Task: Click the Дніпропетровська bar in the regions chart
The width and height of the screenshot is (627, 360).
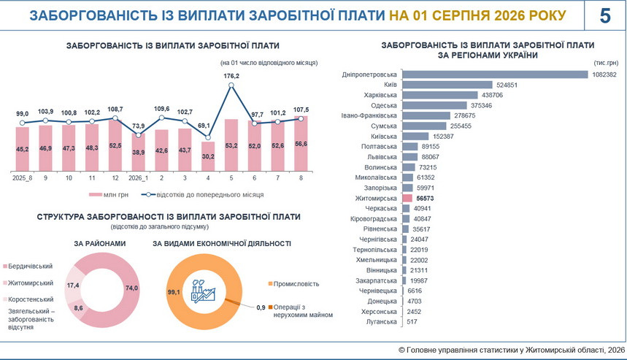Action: (x=495, y=74)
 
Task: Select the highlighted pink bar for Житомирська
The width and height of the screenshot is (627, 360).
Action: (x=407, y=198)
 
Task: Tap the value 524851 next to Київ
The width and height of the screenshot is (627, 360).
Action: (x=507, y=85)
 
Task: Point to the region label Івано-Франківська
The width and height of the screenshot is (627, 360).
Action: (x=369, y=115)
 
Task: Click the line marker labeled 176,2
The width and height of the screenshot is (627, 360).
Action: (x=231, y=85)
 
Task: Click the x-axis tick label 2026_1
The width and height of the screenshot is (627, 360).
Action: (x=139, y=178)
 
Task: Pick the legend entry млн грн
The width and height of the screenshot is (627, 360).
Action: (x=109, y=195)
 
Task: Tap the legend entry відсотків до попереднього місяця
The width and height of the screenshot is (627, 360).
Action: (x=202, y=195)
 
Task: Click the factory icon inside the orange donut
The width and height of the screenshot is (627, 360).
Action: (x=203, y=291)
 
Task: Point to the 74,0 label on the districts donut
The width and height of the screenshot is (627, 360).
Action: (x=131, y=288)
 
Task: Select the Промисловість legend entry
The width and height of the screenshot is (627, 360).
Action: (x=294, y=284)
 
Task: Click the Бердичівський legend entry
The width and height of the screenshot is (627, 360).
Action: (x=28, y=267)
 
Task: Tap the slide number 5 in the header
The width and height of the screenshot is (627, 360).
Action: (x=605, y=15)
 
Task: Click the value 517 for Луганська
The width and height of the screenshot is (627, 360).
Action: (x=412, y=321)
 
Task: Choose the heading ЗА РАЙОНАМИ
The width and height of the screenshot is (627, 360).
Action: (x=99, y=244)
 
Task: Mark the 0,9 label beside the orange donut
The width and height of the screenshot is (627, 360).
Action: (x=261, y=307)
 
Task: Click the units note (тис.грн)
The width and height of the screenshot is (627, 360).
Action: (x=607, y=63)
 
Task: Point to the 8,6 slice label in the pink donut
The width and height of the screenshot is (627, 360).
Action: (x=78, y=308)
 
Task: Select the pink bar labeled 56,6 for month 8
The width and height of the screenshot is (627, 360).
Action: (x=301, y=144)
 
